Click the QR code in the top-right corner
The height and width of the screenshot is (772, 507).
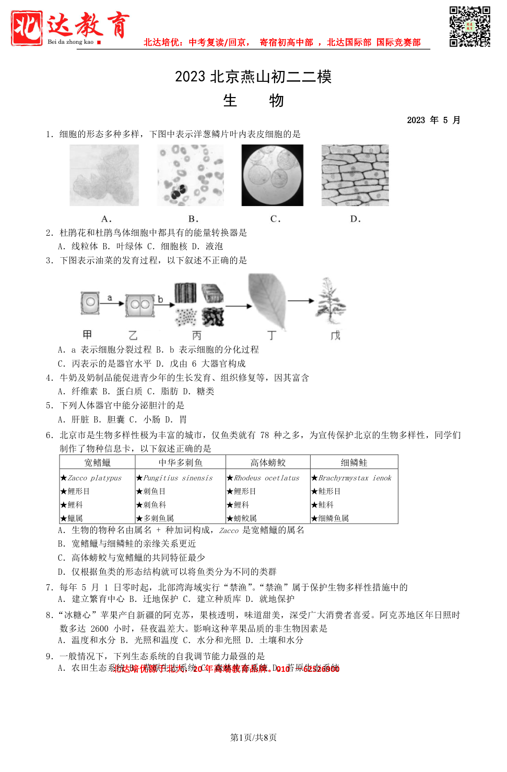pos(469,27)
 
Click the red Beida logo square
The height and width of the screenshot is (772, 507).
pos(27,28)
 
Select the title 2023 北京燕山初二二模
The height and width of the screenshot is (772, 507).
pos(253,77)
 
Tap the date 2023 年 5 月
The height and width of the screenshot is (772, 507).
pos(433,120)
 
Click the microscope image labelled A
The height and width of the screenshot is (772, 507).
pos(104,175)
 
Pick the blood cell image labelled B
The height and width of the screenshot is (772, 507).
pos(191,175)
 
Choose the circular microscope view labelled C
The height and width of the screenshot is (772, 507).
pos(272,175)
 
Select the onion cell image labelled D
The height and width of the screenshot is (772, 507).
pos(355,175)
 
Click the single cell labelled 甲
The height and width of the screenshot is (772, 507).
pos(90,303)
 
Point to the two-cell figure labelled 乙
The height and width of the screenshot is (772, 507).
pos(139,305)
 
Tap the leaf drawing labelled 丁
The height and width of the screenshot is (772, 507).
pos(267,299)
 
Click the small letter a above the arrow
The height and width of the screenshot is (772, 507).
pos(110,298)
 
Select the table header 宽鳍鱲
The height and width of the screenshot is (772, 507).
pos(98,463)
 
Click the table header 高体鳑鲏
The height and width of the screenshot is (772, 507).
pos(268,463)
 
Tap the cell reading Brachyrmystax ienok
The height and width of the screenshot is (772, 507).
pos(355,478)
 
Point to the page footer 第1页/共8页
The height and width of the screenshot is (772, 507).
pos(253,737)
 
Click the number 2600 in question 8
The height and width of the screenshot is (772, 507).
pos(99,629)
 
